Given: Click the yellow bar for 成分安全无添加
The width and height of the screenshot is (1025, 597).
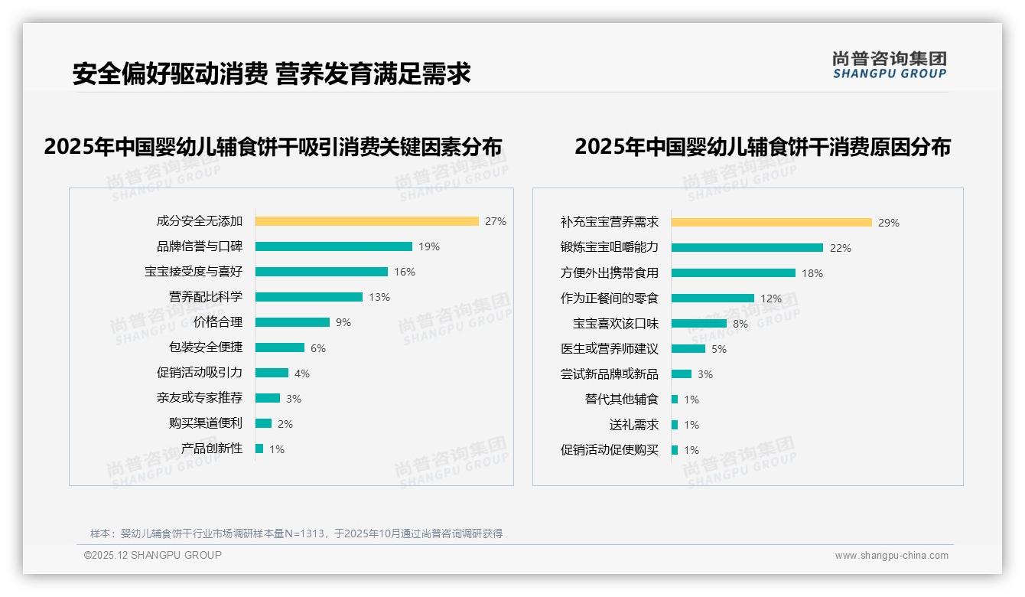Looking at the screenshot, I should tap(366, 221).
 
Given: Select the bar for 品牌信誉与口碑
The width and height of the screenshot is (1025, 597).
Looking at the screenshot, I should tap(334, 246).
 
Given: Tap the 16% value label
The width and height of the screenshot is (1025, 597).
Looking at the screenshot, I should tap(405, 272).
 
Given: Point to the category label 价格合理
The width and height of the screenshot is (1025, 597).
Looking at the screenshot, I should tap(217, 322).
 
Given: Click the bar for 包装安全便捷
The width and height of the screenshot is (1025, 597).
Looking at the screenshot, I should tap(279, 347).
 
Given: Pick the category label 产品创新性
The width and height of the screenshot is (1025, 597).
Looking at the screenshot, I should tap(211, 449).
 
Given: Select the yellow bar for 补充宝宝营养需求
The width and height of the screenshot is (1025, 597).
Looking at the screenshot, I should tap(771, 223).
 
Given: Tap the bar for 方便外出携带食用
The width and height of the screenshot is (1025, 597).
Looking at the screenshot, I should tap(733, 273).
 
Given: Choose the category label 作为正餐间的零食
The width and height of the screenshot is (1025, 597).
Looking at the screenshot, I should tap(609, 298).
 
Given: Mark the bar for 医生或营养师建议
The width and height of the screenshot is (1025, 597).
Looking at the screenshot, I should tap(688, 349).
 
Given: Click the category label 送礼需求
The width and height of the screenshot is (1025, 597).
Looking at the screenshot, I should tap(633, 425).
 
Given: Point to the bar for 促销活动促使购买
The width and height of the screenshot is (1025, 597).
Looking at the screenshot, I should tap(675, 450).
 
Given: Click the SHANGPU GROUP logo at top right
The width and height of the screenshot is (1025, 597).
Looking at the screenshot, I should tap(889, 65).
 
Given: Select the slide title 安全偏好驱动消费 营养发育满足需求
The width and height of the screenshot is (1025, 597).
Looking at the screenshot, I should tap(272, 73).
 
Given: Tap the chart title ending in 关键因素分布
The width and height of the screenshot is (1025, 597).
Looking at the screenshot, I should tap(273, 146).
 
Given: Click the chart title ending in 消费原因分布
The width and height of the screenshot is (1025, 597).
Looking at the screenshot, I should tap(762, 146).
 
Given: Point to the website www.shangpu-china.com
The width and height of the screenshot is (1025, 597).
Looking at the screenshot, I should tap(891, 556).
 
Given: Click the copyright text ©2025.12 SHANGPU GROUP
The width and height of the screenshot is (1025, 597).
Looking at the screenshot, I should tap(153, 555).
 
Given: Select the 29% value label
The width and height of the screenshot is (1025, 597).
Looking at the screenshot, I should tap(889, 223).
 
